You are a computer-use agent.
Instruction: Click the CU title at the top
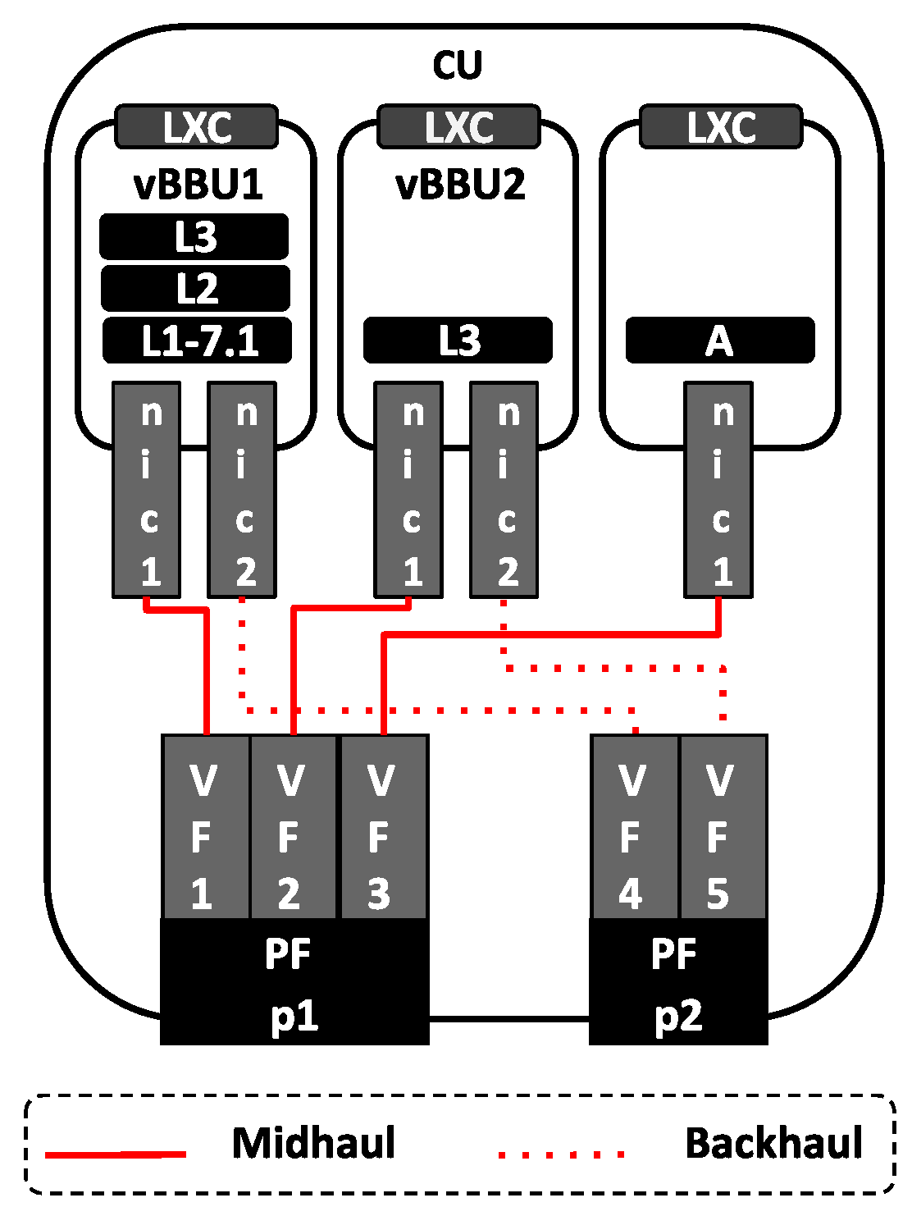pyautogui.click(x=457, y=65)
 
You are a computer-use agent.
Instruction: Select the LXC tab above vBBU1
pyautogui.click(x=196, y=127)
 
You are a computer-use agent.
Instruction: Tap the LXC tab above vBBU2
pyautogui.click(x=458, y=127)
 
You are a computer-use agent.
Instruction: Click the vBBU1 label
pyautogui.click(x=198, y=185)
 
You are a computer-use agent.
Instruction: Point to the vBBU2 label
pyautogui.click(x=460, y=185)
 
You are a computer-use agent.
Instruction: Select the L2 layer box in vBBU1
pyautogui.click(x=195, y=288)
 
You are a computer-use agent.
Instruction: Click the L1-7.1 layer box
pyautogui.click(x=197, y=340)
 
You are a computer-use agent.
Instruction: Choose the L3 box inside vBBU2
pyautogui.click(x=458, y=340)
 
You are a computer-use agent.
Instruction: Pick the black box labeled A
pyautogui.click(x=719, y=340)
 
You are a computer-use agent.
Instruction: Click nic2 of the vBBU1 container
pyautogui.click(x=242, y=490)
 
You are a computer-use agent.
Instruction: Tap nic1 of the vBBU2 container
pyautogui.click(x=408, y=490)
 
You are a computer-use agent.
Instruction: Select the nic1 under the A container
pyautogui.click(x=718, y=490)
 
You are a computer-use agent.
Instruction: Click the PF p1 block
pyautogui.click(x=294, y=982)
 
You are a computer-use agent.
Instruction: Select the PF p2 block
pyautogui.click(x=678, y=982)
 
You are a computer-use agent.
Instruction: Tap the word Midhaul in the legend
pyautogui.click(x=313, y=1143)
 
